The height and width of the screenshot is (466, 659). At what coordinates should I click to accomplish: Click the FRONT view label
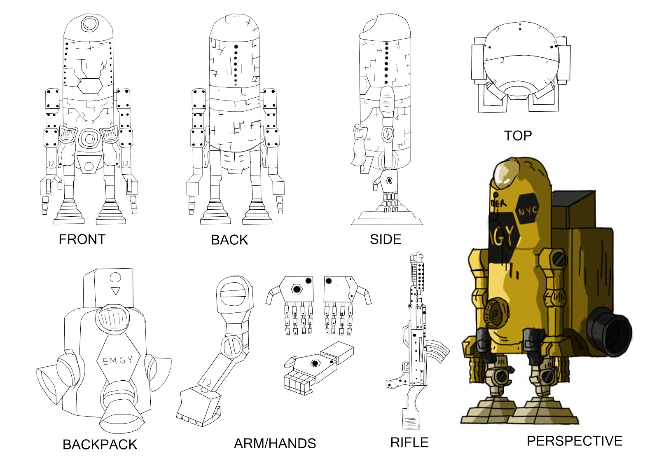82,239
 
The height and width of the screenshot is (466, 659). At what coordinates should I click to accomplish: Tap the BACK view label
229,240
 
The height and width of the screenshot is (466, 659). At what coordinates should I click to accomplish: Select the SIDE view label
385,239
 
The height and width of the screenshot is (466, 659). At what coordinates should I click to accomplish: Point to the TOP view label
518,136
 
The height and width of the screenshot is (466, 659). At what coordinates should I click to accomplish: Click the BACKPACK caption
100,445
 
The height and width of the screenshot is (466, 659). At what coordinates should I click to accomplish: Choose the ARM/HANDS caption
275,443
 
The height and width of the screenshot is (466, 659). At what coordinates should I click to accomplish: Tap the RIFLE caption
409,443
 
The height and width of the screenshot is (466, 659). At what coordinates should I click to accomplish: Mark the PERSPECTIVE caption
574,441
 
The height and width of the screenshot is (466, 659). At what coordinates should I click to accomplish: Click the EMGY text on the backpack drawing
117,361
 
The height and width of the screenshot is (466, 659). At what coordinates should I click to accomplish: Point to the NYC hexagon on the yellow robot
527,212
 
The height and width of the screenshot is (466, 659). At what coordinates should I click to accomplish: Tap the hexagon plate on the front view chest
90,86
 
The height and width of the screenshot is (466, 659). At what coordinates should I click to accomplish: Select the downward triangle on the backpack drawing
116,291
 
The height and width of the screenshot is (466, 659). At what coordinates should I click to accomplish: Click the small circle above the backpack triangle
116,278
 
